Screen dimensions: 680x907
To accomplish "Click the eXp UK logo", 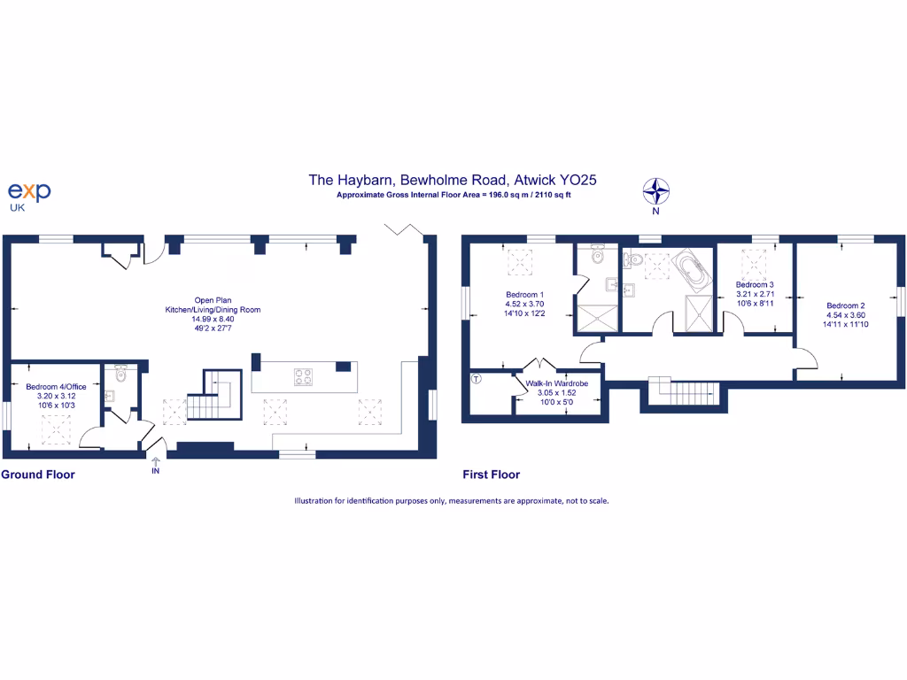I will tap(29, 193).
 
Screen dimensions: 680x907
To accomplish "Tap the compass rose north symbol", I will tap(656, 192).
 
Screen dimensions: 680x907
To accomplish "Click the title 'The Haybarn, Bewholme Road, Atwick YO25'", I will tap(453, 180).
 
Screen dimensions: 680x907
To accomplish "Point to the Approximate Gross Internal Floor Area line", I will tap(453, 195).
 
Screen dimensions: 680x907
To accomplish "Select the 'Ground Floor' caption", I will tap(38, 475).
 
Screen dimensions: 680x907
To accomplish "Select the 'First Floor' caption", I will tap(492, 475).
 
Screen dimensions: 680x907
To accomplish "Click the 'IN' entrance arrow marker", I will tap(156, 465).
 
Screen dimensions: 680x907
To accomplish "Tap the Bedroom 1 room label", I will tap(525, 304).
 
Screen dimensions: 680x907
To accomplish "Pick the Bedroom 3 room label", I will tap(756, 293).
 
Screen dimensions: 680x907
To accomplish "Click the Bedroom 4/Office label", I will tap(56, 396).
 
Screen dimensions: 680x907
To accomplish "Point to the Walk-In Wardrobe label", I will tap(557, 392).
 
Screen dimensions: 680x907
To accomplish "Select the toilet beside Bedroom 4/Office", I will tap(121, 375).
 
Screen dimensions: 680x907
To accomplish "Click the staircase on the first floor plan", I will tap(682, 390).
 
